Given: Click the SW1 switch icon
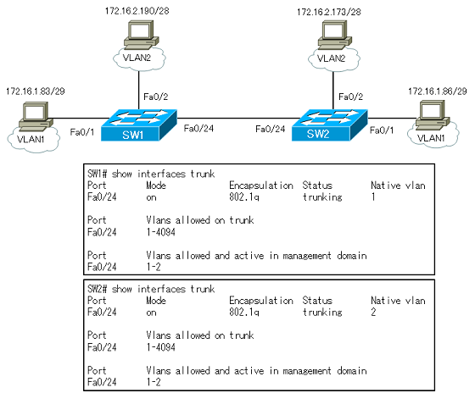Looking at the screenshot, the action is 139,125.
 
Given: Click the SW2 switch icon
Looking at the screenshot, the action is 330,125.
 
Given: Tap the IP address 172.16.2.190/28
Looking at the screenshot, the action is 137,11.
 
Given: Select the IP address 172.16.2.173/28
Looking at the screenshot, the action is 329,12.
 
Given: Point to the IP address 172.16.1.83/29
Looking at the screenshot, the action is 36,91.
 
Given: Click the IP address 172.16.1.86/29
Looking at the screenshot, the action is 438,91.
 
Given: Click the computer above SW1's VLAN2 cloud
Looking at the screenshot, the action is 141,35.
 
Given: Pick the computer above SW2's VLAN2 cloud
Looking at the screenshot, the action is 335,35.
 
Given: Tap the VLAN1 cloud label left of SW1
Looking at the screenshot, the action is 31,139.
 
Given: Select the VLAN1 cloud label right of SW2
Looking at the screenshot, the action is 431,138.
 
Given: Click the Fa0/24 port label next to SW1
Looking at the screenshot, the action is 198,129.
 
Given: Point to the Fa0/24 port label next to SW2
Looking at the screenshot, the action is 271,130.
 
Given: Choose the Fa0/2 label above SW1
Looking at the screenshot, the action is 156,97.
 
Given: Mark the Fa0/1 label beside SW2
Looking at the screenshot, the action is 382,130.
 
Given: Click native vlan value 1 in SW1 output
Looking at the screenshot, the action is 373,197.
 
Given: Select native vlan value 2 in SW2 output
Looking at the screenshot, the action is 373,312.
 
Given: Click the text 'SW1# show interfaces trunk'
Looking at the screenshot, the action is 151,174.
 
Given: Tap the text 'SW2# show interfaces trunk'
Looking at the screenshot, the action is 151,289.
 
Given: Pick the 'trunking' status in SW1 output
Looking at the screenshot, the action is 322,197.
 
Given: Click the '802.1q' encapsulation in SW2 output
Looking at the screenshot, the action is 244,313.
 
